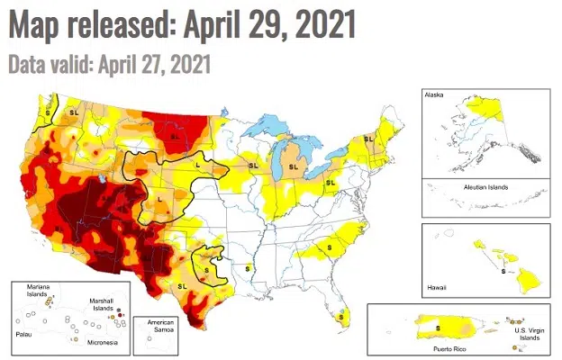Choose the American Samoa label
pos(155,326)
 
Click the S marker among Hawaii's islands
pos(503,273)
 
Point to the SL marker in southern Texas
pos(183,285)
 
